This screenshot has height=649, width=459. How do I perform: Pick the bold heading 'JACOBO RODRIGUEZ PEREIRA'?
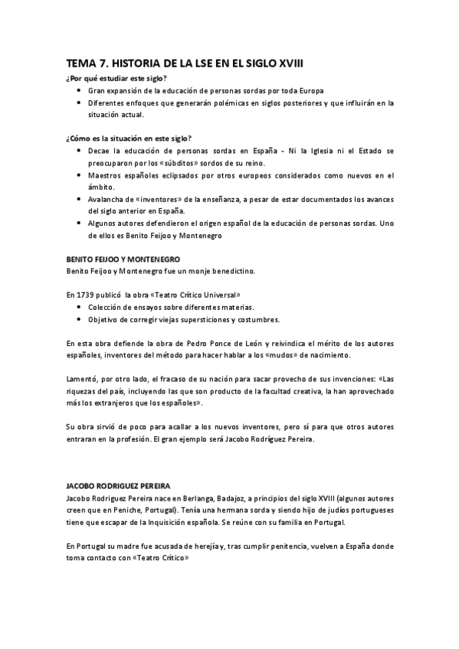point(118,487)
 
